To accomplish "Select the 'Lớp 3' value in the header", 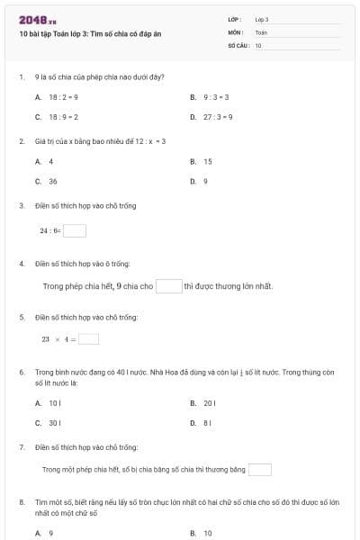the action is (x=262, y=19).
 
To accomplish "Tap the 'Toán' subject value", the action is (x=261, y=31).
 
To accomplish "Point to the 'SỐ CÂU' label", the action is (x=238, y=44).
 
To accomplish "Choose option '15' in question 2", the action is (x=207, y=161).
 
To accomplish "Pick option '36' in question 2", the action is (x=52, y=181).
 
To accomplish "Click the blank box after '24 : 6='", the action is (x=75, y=230).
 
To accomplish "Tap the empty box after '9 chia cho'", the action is (x=168, y=286).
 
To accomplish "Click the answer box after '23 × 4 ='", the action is (x=88, y=339).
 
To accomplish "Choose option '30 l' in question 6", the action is (x=54, y=422).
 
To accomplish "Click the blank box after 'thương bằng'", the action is (x=259, y=469).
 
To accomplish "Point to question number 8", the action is (x=21, y=500).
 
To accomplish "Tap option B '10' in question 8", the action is (x=207, y=533).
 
